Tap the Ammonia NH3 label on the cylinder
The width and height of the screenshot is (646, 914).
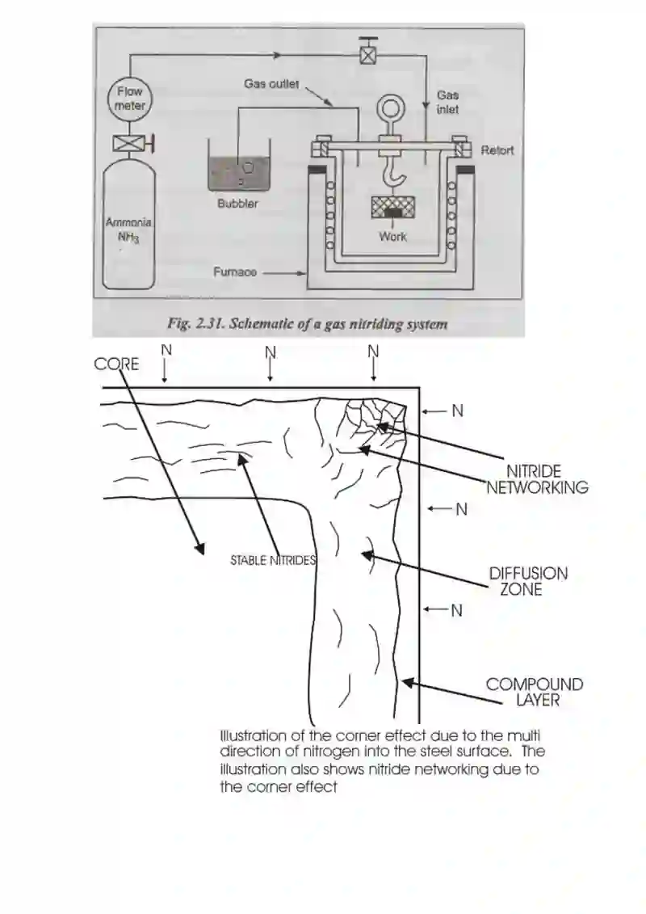click(x=128, y=230)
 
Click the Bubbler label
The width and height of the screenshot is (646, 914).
click(x=237, y=204)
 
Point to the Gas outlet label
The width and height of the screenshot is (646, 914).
click(x=271, y=84)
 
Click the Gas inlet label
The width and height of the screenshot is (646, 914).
click(x=447, y=102)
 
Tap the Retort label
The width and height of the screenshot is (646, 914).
click(x=497, y=150)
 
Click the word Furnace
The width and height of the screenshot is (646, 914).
click(x=235, y=272)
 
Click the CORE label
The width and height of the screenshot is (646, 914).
click(x=116, y=364)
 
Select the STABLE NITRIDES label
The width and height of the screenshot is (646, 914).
click(x=273, y=561)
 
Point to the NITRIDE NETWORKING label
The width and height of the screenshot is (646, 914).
click(x=536, y=479)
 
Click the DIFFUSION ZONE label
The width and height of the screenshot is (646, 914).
click(x=528, y=582)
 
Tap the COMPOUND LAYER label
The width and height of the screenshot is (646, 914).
click(x=535, y=693)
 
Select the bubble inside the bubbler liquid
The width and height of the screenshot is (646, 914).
click(x=248, y=167)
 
